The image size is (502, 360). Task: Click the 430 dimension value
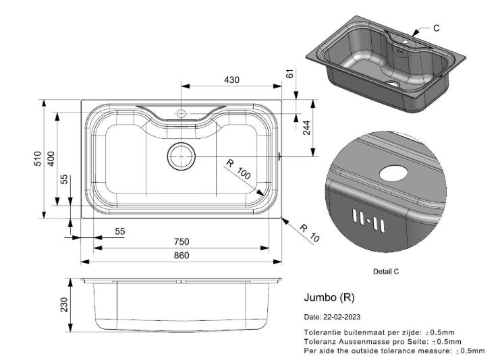coord(231,80)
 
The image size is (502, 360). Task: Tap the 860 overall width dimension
coord(182,255)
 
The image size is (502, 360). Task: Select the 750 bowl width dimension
coord(182,241)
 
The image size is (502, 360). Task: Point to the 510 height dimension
coord(38,158)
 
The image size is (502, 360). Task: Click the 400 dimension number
coord(51,158)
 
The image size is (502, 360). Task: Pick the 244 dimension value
coord(306,127)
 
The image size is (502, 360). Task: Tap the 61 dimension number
coord(289,74)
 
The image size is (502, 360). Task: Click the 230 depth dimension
coord(64,305)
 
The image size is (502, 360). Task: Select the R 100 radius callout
coord(238,169)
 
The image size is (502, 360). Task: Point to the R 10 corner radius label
coord(310,233)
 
